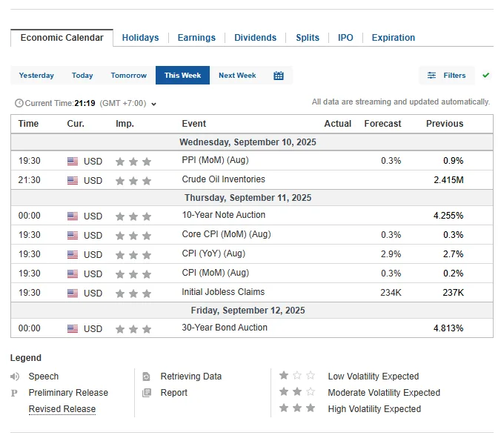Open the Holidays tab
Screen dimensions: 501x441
(x=140, y=38)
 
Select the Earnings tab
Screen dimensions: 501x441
(x=196, y=38)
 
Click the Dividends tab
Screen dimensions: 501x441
(x=255, y=38)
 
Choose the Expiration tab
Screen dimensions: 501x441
(x=394, y=38)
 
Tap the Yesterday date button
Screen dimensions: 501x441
(x=36, y=76)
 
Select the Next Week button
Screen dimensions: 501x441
(x=237, y=76)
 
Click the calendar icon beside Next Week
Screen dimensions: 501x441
(x=279, y=76)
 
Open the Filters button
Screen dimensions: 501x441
(x=446, y=76)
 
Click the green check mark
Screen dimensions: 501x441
(x=486, y=75)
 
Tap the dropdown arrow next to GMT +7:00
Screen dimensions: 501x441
(x=153, y=105)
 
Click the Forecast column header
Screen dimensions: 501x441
(x=382, y=124)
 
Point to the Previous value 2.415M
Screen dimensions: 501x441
(x=448, y=180)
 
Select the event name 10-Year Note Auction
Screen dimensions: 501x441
(x=224, y=215)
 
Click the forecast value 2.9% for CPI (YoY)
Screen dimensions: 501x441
(x=391, y=254)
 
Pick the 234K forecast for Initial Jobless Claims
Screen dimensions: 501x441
(x=391, y=293)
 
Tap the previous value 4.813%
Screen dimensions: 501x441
(x=448, y=328)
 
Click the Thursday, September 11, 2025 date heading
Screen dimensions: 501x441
(x=248, y=198)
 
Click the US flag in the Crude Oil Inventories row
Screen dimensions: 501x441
(x=73, y=181)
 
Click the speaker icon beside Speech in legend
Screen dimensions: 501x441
(x=15, y=377)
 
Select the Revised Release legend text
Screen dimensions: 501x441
(x=62, y=409)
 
